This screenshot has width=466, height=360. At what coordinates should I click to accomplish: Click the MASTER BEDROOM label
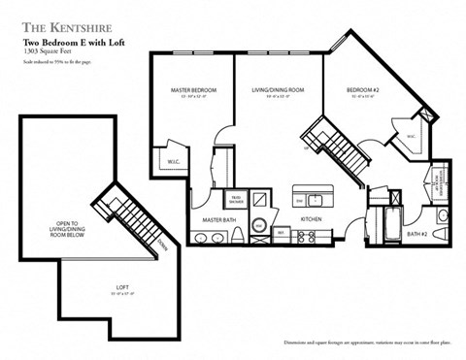click(192, 90)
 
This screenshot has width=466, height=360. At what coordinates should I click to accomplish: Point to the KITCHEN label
click(311, 220)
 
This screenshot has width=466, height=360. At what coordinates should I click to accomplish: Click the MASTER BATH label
click(218, 220)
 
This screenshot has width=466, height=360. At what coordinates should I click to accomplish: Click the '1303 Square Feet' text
click(45, 52)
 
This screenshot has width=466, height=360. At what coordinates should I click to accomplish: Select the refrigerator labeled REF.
click(280, 234)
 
